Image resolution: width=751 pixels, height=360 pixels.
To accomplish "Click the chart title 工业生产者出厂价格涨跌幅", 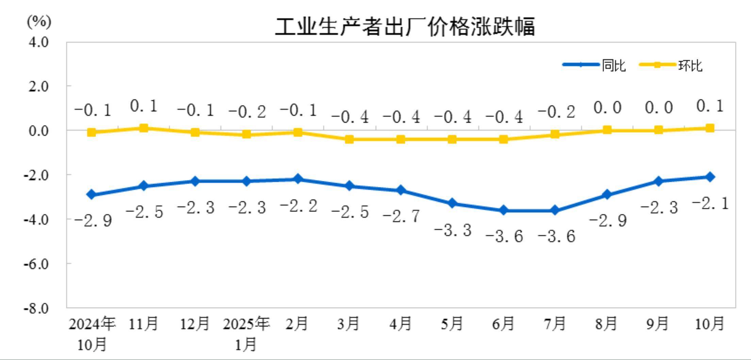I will point(405,27).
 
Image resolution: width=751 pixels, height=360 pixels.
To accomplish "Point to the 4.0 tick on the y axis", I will point(38,42).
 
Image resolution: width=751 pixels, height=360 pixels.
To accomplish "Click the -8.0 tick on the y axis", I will point(36,308).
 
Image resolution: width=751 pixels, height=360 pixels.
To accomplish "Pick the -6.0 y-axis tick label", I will point(36,264).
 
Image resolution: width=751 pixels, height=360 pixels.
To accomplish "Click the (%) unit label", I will point(39,22).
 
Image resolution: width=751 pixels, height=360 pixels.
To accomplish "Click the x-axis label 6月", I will point(503,323).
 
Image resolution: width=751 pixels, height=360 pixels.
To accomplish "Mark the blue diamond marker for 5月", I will point(452,203).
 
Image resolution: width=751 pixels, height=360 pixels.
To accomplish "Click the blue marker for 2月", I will point(298,179).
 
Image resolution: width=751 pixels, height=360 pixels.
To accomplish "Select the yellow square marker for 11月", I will point(144,128).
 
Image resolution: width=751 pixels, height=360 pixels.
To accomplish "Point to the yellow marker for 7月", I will point(555,134).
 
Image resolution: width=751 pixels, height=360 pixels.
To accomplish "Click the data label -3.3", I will point(453,230).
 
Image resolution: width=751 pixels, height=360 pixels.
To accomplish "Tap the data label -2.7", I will point(402,216).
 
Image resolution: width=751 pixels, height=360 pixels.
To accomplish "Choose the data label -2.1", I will point(711,203).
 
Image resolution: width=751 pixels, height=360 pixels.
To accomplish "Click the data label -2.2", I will point(298,206).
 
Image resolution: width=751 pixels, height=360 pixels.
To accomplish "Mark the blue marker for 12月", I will point(195,181).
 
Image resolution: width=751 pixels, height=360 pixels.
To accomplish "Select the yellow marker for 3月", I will point(349,139).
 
